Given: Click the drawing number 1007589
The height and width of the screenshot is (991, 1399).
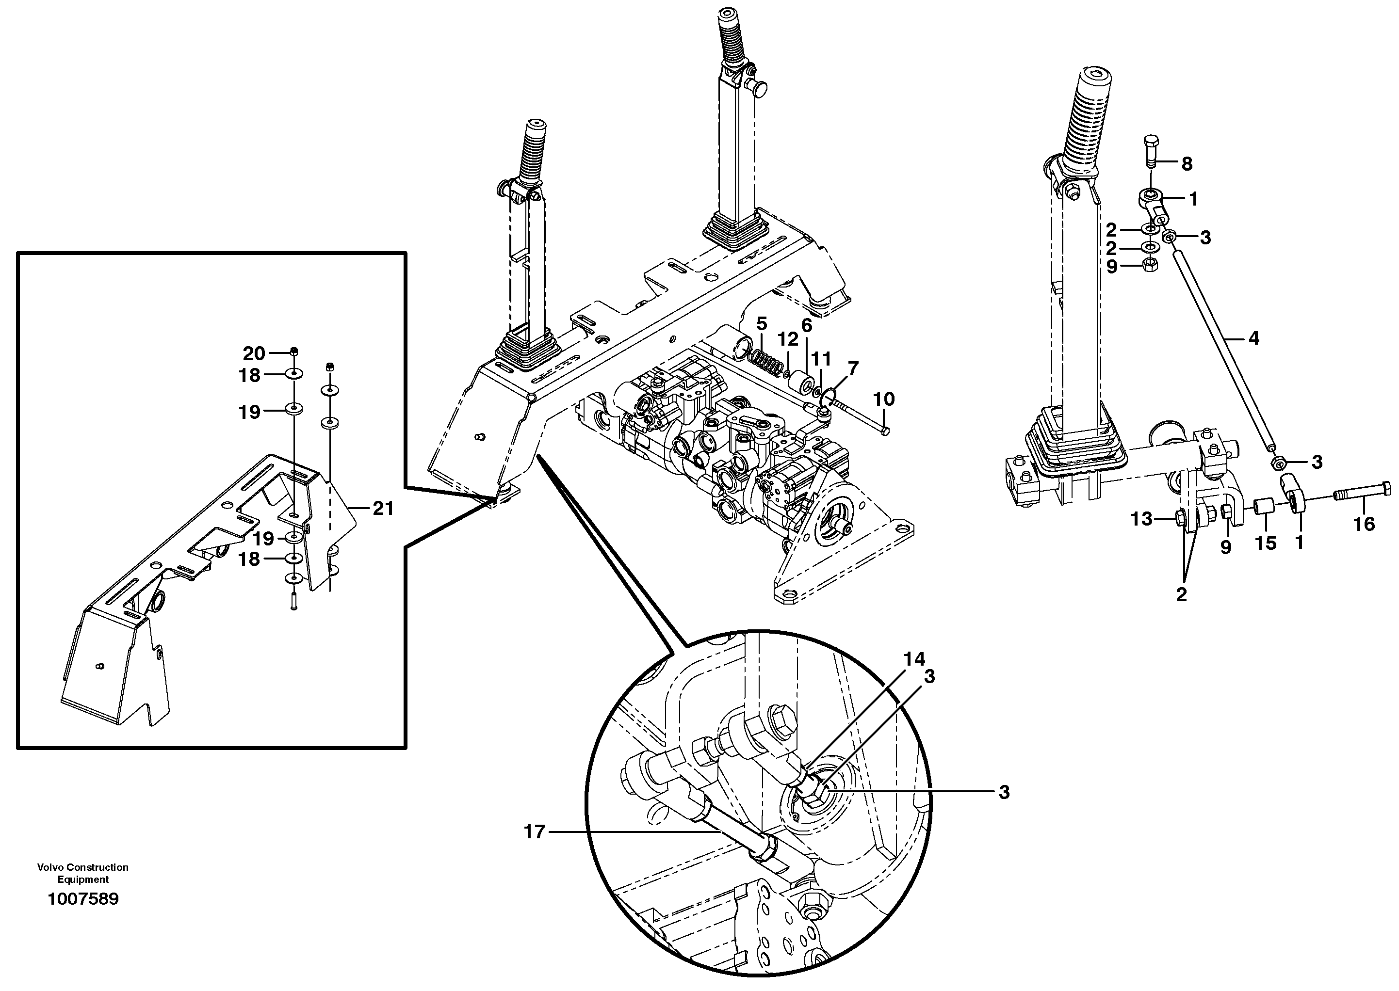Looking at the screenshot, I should tap(83, 899).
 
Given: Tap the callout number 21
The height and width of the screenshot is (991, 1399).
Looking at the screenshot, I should tap(383, 508).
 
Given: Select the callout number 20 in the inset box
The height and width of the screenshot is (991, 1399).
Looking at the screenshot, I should tap(254, 353).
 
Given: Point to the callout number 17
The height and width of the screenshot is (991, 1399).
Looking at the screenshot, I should tap(534, 832).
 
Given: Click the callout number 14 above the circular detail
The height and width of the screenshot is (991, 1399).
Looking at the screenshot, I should tap(914, 659).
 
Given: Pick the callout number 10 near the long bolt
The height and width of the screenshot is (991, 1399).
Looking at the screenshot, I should tap(884, 399).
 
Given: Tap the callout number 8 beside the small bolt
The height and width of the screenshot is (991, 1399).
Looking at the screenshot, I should tap(1187, 163).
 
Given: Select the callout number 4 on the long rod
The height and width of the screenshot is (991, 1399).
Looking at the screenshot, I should tap(1253, 338).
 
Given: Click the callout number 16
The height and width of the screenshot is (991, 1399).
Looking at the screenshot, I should tap(1364, 524).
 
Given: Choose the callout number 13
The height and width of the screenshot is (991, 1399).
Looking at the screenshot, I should tap(1141, 519).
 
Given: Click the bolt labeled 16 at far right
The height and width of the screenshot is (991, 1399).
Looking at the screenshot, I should tap(1363, 491).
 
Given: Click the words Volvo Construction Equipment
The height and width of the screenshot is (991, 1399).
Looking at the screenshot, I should tap(83, 873).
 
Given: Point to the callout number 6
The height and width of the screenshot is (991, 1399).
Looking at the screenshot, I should tap(806, 325).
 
